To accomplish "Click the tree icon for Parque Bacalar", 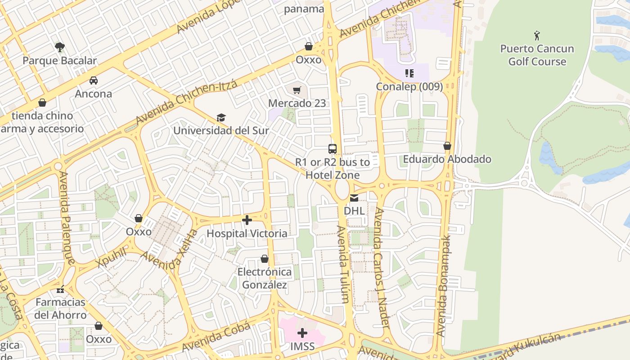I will [59, 47].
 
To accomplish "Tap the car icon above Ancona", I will [94, 81].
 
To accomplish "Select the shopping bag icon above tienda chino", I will [42, 103].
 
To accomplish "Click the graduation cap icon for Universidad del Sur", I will [221, 117].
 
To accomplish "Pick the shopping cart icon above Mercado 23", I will [297, 90].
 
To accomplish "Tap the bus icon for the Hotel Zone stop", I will [333, 149].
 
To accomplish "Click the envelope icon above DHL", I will [354, 198].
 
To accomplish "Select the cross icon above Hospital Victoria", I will [247, 220].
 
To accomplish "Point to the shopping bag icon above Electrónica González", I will [265, 259].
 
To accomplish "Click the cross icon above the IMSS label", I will [302, 333].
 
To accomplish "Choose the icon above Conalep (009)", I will [409, 73].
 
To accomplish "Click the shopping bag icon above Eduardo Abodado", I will [447, 146].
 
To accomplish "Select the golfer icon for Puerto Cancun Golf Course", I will [537, 35].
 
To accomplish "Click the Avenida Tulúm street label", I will [343, 264].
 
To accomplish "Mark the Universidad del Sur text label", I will [221, 131].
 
